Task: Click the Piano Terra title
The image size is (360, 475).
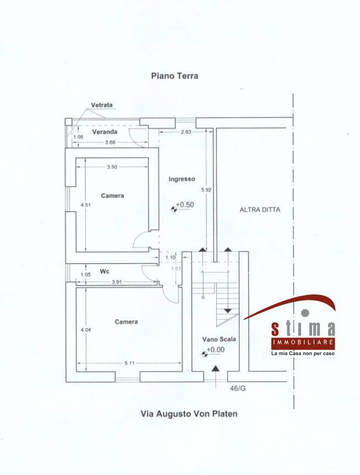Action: [x=174, y=76]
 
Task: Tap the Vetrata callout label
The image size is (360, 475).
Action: [x=102, y=105]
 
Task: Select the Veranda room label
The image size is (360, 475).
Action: [x=105, y=132]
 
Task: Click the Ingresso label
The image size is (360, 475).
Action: [x=182, y=179]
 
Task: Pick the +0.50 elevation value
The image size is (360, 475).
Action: [x=185, y=205]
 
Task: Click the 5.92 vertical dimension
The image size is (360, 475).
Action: [x=206, y=190]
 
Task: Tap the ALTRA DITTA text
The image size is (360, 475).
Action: [x=260, y=209]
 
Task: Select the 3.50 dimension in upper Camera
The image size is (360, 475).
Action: [x=112, y=167]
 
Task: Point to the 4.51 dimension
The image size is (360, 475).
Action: [x=85, y=205]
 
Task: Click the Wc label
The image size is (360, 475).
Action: [x=105, y=271]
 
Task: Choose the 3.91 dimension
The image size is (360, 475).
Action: [x=117, y=282]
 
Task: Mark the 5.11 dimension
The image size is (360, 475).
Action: [x=129, y=363]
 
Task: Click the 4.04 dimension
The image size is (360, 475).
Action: [x=85, y=330]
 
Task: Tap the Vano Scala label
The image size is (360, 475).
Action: [x=219, y=339]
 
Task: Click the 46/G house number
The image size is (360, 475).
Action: [x=238, y=388]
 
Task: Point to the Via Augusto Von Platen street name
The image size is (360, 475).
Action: [x=189, y=414]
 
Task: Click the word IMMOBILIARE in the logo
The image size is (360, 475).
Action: [x=303, y=342]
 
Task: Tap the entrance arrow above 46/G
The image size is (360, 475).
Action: [x=215, y=377]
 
